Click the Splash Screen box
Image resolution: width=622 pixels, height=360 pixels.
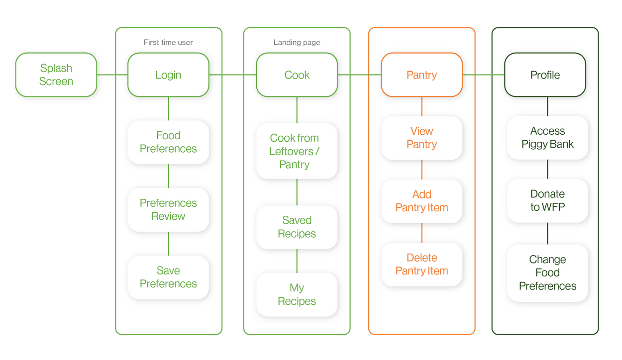tap(56, 75)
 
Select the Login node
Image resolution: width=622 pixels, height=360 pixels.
tap(168, 75)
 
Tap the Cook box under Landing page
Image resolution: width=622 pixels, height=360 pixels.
tap(297, 75)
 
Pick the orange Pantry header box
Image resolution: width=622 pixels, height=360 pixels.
tap(422, 75)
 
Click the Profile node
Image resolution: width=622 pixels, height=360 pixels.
tap(545, 75)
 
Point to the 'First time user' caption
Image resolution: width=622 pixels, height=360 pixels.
tap(168, 42)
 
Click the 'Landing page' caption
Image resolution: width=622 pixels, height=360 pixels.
tap(297, 42)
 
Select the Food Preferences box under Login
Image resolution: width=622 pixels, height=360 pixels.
tap(168, 142)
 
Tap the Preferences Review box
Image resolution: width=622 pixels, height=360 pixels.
tap(168, 209)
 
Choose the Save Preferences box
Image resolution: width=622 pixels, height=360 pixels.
tap(168, 277)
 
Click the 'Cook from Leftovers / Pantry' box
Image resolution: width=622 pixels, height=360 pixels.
tap(297, 151)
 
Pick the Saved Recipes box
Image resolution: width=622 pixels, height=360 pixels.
tap(297, 227)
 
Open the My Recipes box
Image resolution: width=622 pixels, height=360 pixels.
tap(297, 294)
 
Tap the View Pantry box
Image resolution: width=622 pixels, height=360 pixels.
tap(422, 138)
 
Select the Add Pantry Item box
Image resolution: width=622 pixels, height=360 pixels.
tap(422, 201)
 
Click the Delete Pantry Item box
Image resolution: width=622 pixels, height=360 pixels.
tap(422, 265)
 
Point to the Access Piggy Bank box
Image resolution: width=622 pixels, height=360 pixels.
tap(547, 138)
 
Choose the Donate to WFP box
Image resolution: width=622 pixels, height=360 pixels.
tap(547, 201)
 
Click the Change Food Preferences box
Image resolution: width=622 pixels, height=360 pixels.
tap(547, 273)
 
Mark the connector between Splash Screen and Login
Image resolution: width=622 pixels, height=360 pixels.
tap(112, 75)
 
